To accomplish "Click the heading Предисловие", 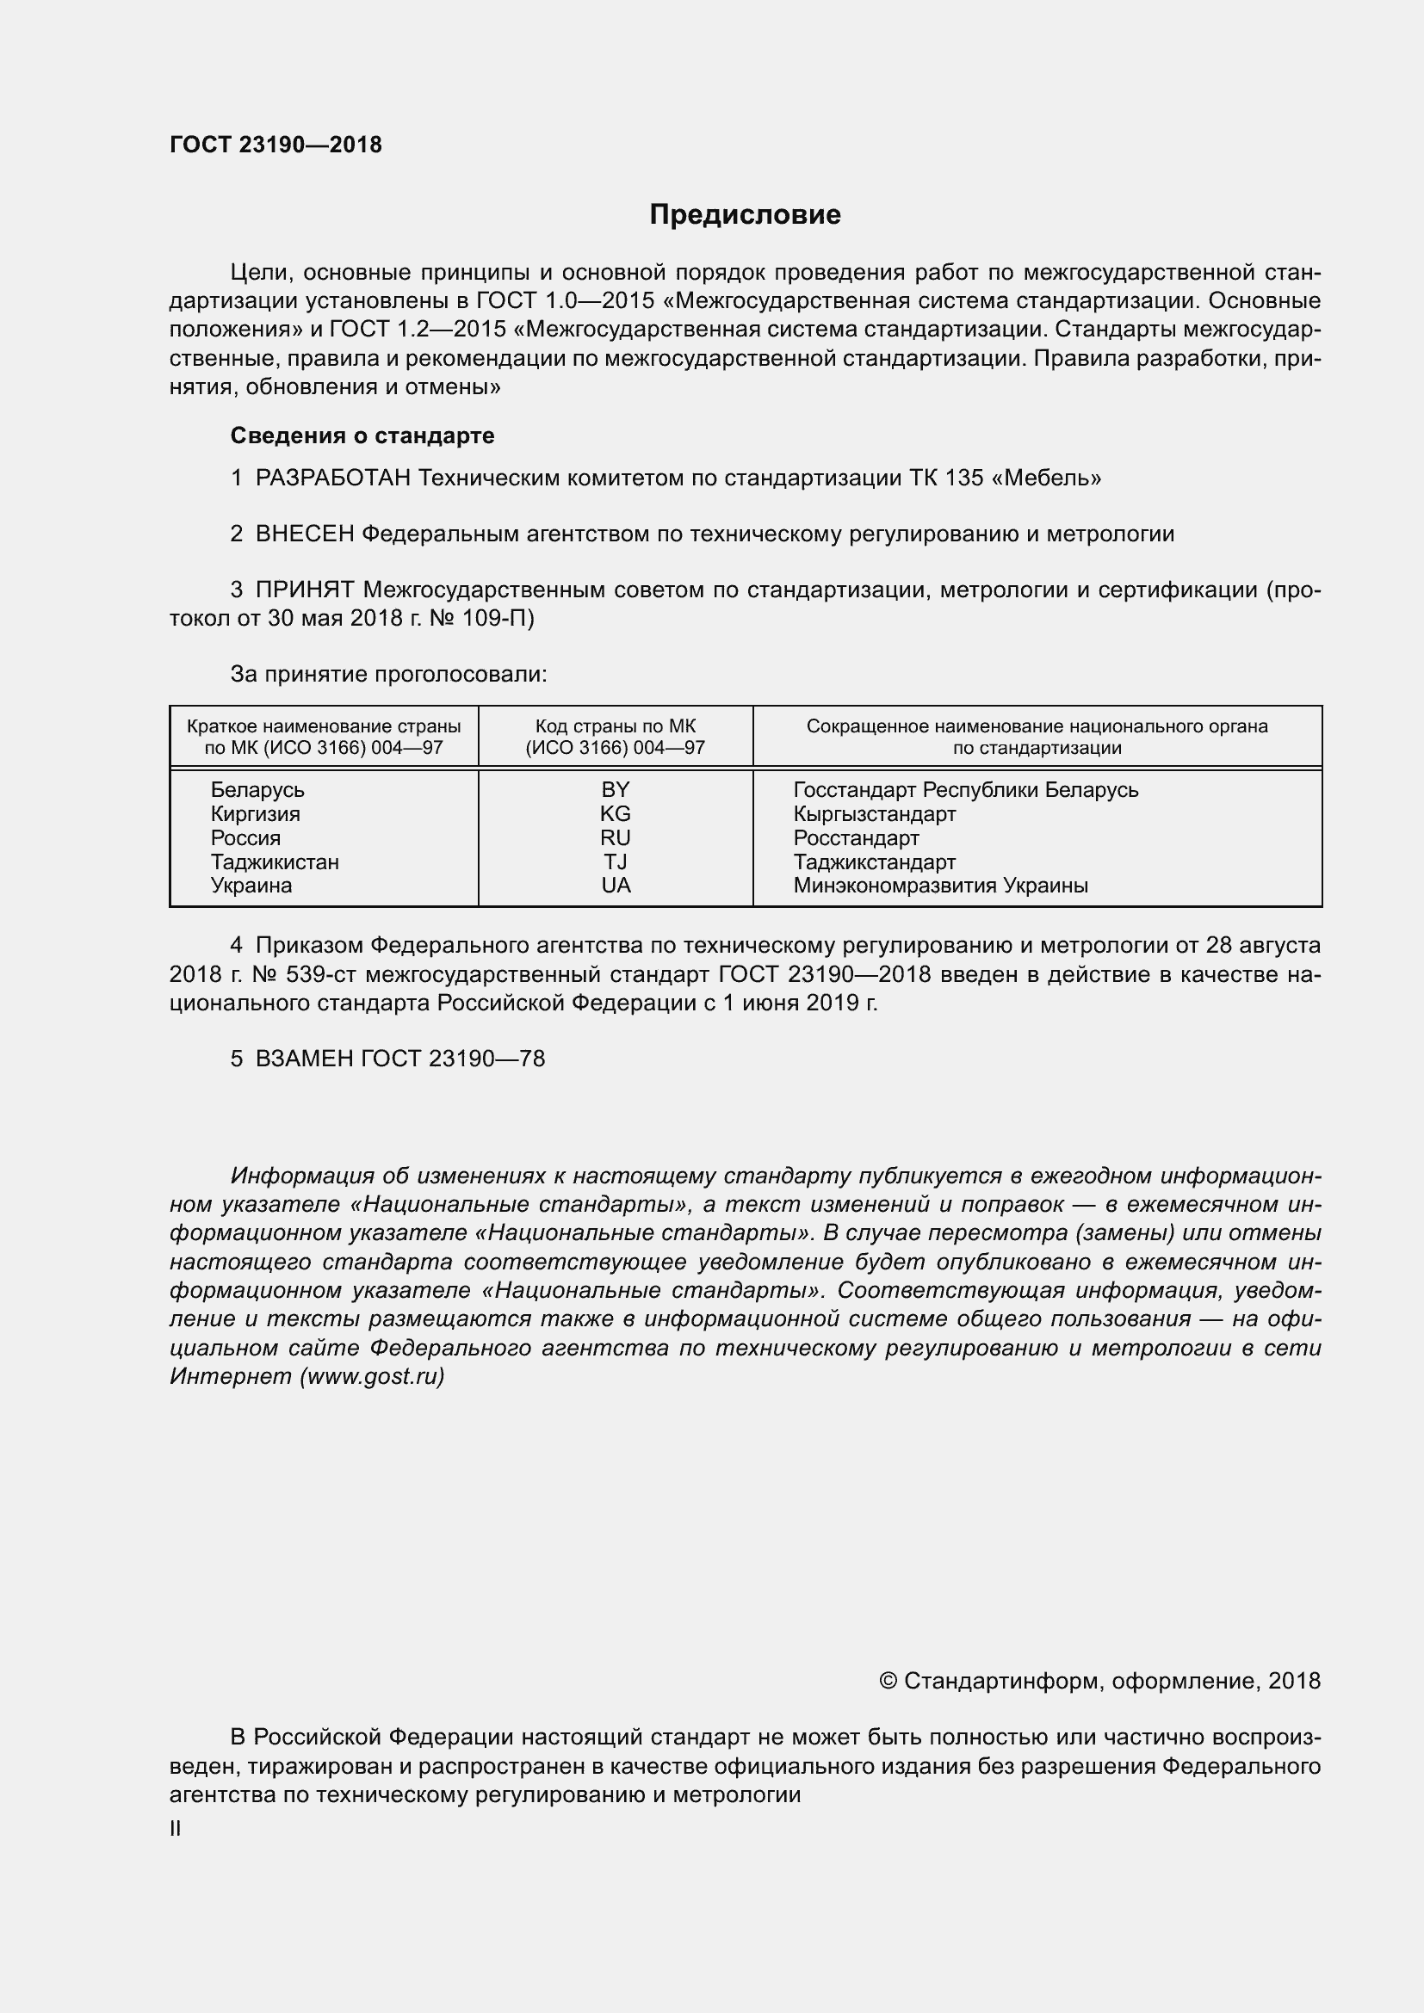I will (x=745, y=215).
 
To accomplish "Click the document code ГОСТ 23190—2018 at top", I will (x=276, y=145).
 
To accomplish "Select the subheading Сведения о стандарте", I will (x=362, y=435).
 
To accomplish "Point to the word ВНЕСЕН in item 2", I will (x=304, y=534).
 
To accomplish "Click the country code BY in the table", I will (x=615, y=790).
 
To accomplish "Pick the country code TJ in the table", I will (x=615, y=861).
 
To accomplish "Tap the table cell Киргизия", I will (x=255, y=813).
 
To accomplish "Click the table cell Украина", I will (x=251, y=886).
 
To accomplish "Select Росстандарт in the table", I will (x=856, y=838).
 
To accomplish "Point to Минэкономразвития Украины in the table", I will (x=940, y=886).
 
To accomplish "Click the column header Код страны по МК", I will (x=615, y=727).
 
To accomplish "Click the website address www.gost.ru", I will (x=372, y=1377).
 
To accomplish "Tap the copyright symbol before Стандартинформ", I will (x=888, y=1681).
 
